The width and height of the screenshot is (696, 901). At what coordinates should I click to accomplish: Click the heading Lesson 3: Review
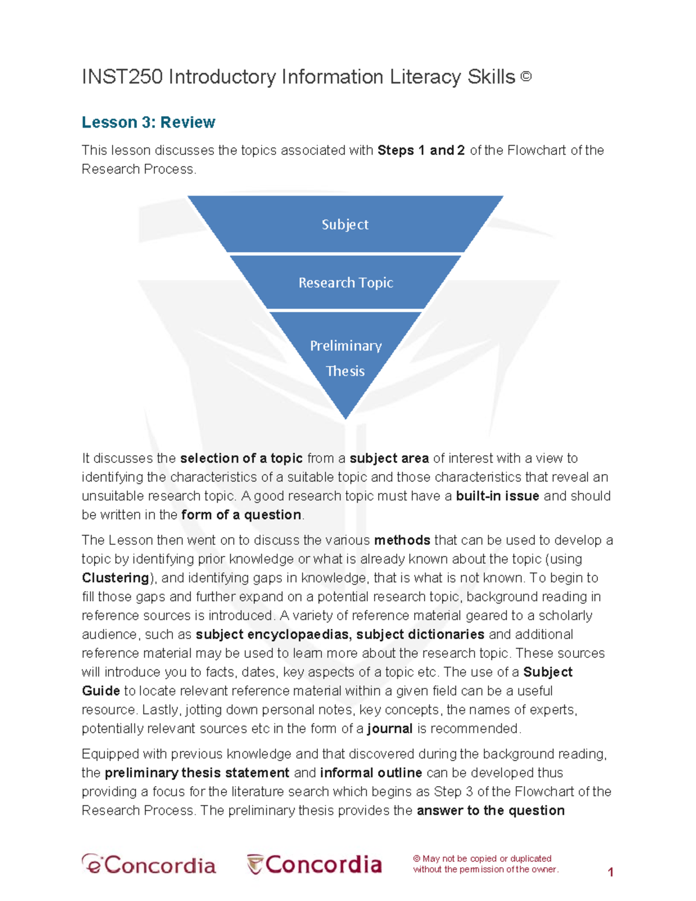coord(148,122)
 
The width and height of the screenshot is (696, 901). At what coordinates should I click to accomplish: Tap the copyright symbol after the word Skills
coord(526,76)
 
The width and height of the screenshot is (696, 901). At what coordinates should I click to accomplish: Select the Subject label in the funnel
coord(345,225)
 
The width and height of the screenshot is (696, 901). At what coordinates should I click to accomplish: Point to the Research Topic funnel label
coord(346,283)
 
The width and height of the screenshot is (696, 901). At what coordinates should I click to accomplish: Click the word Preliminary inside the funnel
coord(346,346)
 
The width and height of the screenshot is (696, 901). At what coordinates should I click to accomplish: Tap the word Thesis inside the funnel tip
coord(345,371)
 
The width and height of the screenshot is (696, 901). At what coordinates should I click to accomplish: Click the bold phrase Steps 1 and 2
coord(421,150)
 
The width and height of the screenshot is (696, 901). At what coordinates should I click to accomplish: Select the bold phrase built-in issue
coord(498,496)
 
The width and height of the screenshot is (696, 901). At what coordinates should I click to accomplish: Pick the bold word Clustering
coord(115,578)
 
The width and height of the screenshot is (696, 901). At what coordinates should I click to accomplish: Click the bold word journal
coord(390,729)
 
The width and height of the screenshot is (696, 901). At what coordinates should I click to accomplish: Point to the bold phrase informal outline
coord(371,773)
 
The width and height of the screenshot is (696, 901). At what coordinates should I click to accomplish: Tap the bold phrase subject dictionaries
coord(420,634)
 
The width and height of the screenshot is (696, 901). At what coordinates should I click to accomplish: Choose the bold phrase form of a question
coord(241,515)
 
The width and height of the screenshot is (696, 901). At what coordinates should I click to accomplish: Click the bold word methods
coord(402,540)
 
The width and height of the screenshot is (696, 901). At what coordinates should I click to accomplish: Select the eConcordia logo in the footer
coord(149,864)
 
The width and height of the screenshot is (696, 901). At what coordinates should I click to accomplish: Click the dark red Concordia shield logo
coord(314,864)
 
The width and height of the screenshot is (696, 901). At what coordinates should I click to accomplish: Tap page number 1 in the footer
coord(610,872)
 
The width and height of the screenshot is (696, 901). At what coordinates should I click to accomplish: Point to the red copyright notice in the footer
coord(485,864)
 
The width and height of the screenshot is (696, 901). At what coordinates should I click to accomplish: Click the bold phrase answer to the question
coord(490,810)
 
